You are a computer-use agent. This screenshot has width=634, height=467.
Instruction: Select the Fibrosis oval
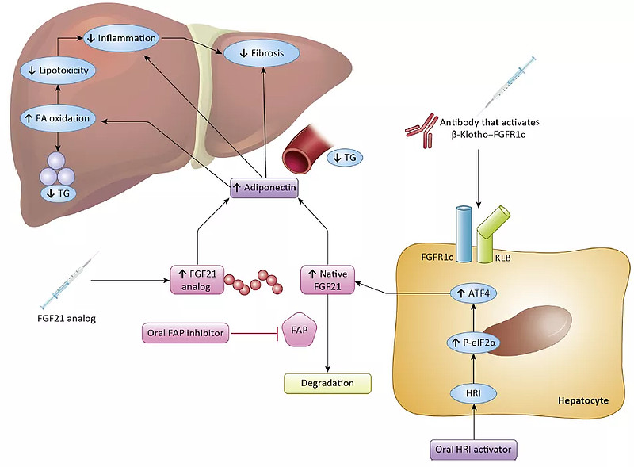[262, 54]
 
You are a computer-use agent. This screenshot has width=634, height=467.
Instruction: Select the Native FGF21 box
[327, 280]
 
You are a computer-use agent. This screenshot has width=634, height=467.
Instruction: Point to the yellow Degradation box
[327, 383]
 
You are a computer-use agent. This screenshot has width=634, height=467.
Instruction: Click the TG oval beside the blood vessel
[345, 159]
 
